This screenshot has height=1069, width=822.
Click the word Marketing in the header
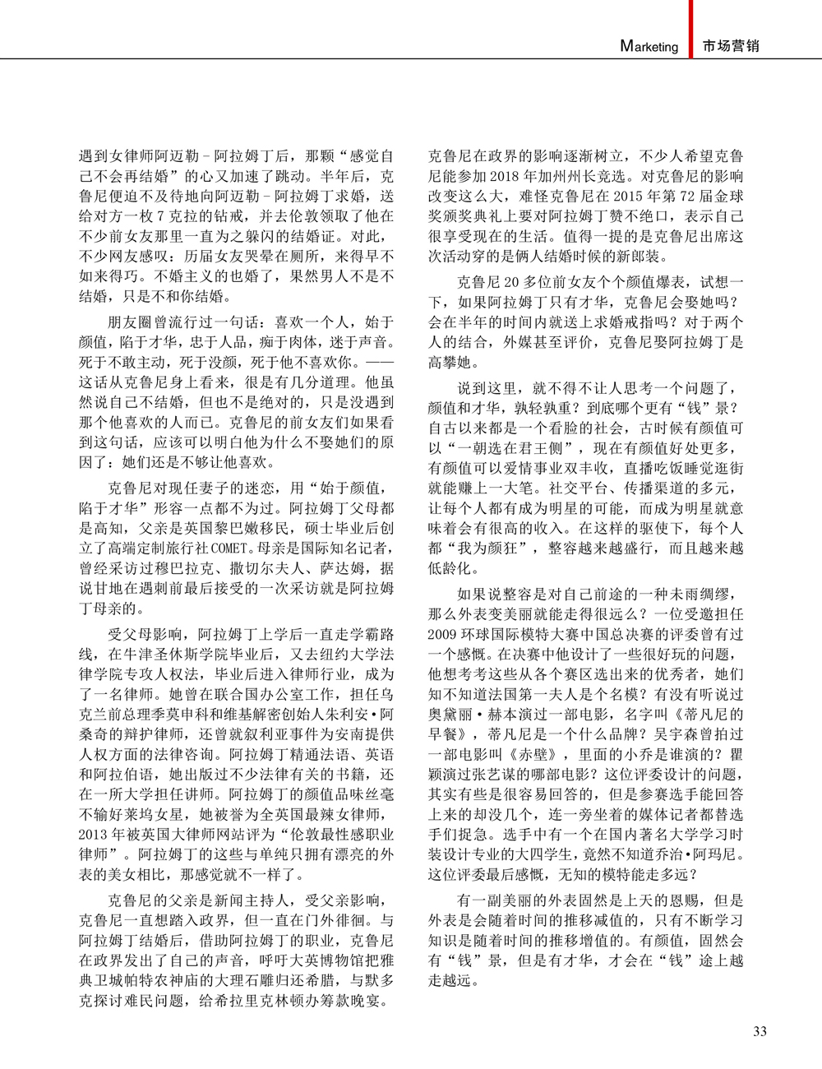[x=649, y=46]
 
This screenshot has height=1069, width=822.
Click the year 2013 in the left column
[x=97, y=835]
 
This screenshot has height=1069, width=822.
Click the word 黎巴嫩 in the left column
[x=247, y=526]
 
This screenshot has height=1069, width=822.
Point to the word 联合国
[x=235, y=695]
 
